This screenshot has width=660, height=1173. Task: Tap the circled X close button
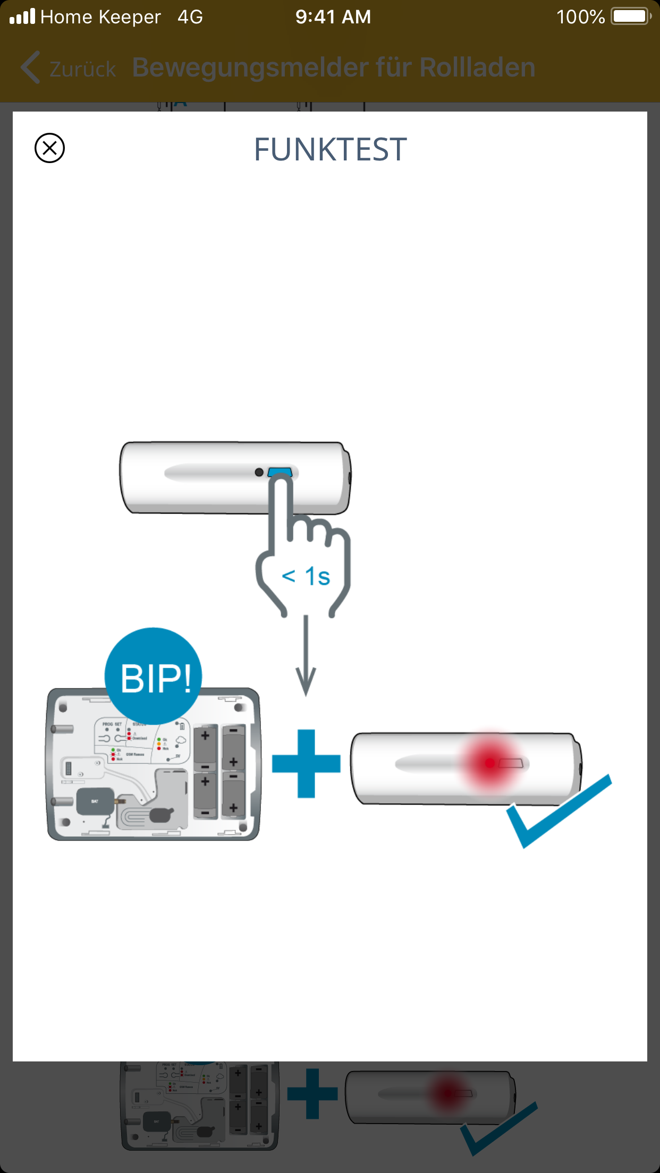tap(49, 148)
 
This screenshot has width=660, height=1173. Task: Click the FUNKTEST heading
tap(330, 149)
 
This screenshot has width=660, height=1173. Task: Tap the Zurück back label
tap(82, 69)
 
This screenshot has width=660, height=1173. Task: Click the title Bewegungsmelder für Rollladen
tap(334, 68)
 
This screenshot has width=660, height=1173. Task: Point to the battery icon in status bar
tap(631, 16)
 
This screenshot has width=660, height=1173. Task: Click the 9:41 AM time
tap(333, 17)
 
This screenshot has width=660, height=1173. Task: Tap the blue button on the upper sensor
tap(280, 472)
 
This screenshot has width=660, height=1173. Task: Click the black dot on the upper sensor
tap(259, 472)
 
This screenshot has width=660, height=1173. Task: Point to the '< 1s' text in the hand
tap(306, 576)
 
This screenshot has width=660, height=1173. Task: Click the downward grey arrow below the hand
tap(306, 659)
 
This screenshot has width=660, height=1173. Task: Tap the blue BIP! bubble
tap(154, 676)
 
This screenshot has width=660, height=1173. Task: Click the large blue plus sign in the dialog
tap(306, 763)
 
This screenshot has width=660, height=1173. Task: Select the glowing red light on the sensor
tap(489, 763)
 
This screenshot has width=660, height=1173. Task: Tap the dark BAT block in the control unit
tap(95, 801)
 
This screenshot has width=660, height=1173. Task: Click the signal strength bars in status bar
tap(22, 16)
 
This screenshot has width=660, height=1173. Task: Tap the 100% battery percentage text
tap(580, 17)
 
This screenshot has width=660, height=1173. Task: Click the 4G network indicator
tap(190, 17)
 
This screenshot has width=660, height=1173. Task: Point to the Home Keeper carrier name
tap(100, 17)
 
